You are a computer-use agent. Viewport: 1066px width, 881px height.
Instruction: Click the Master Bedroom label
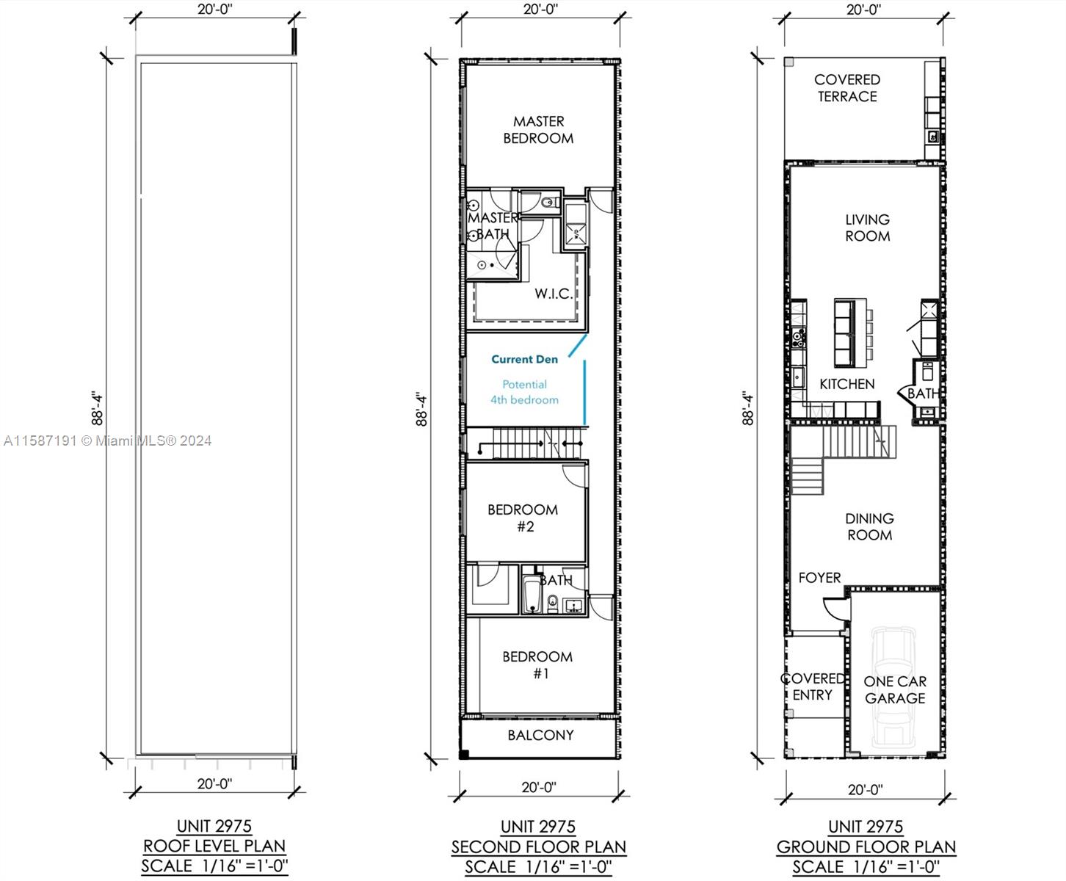pyautogui.click(x=538, y=130)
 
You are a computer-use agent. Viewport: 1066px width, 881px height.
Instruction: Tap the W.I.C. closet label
pyautogui.click(x=554, y=294)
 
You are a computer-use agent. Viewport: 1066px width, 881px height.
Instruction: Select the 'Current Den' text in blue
pyautogui.click(x=524, y=359)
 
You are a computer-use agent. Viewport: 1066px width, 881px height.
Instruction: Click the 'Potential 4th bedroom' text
pyautogui.click(x=524, y=392)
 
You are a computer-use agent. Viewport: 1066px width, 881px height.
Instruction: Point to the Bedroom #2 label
pyautogui.click(x=523, y=518)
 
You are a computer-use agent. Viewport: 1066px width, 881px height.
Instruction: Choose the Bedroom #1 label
pyautogui.click(x=537, y=664)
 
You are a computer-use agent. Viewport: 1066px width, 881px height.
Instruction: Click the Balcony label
pyautogui.click(x=540, y=735)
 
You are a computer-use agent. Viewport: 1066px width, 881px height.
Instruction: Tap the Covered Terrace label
pyautogui.click(x=847, y=88)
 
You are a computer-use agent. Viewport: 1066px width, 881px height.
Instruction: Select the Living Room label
pyautogui.click(x=867, y=228)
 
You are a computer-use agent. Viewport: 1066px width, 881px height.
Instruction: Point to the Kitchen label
pyautogui.click(x=846, y=384)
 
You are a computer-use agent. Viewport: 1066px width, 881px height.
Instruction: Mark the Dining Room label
pyautogui.click(x=869, y=526)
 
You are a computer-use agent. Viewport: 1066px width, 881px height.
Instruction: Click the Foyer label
pyautogui.click(x=819, y=578)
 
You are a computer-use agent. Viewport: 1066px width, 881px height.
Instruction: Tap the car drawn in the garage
pyautogui.click(x=893, y=686)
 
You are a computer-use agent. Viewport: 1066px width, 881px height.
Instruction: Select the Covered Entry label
pyautogui.click(x=812, y=686)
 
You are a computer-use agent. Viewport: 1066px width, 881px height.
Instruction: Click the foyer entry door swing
pyautogui.click(x=835, y=609)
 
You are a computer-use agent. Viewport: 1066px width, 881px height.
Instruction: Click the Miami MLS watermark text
pyautogui.click(x=108, y=440)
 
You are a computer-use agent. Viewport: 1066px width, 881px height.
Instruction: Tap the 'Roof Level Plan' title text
pyautogui.click(x=214, y=846)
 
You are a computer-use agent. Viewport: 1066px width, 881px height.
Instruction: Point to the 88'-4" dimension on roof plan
pyautogui.click(x=97, y=409)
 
